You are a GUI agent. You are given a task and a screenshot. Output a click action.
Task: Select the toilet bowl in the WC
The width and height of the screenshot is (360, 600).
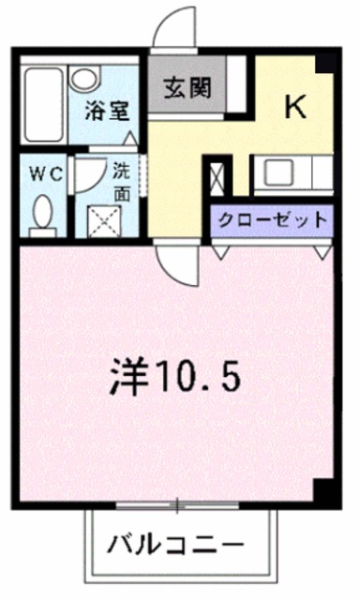[41, 215]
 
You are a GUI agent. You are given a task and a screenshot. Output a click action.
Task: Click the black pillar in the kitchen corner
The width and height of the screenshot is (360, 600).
[324, 62]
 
